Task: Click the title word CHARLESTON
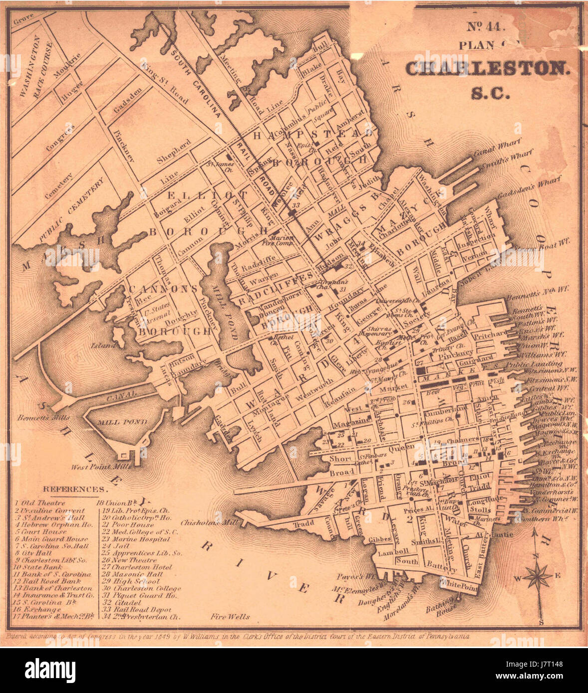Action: pyautogui.click(x=487, y=68)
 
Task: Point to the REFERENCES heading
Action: pyautogui.click(x=74, y=489)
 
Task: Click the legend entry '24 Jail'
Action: pyautogui.click(x=115, y=546)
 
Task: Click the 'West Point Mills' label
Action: pyautogui.click(x=101, y=467)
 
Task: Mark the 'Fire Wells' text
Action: pyautogui.click(x=230, y=617)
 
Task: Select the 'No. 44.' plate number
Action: pyautogui.click(x=486, y=28)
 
